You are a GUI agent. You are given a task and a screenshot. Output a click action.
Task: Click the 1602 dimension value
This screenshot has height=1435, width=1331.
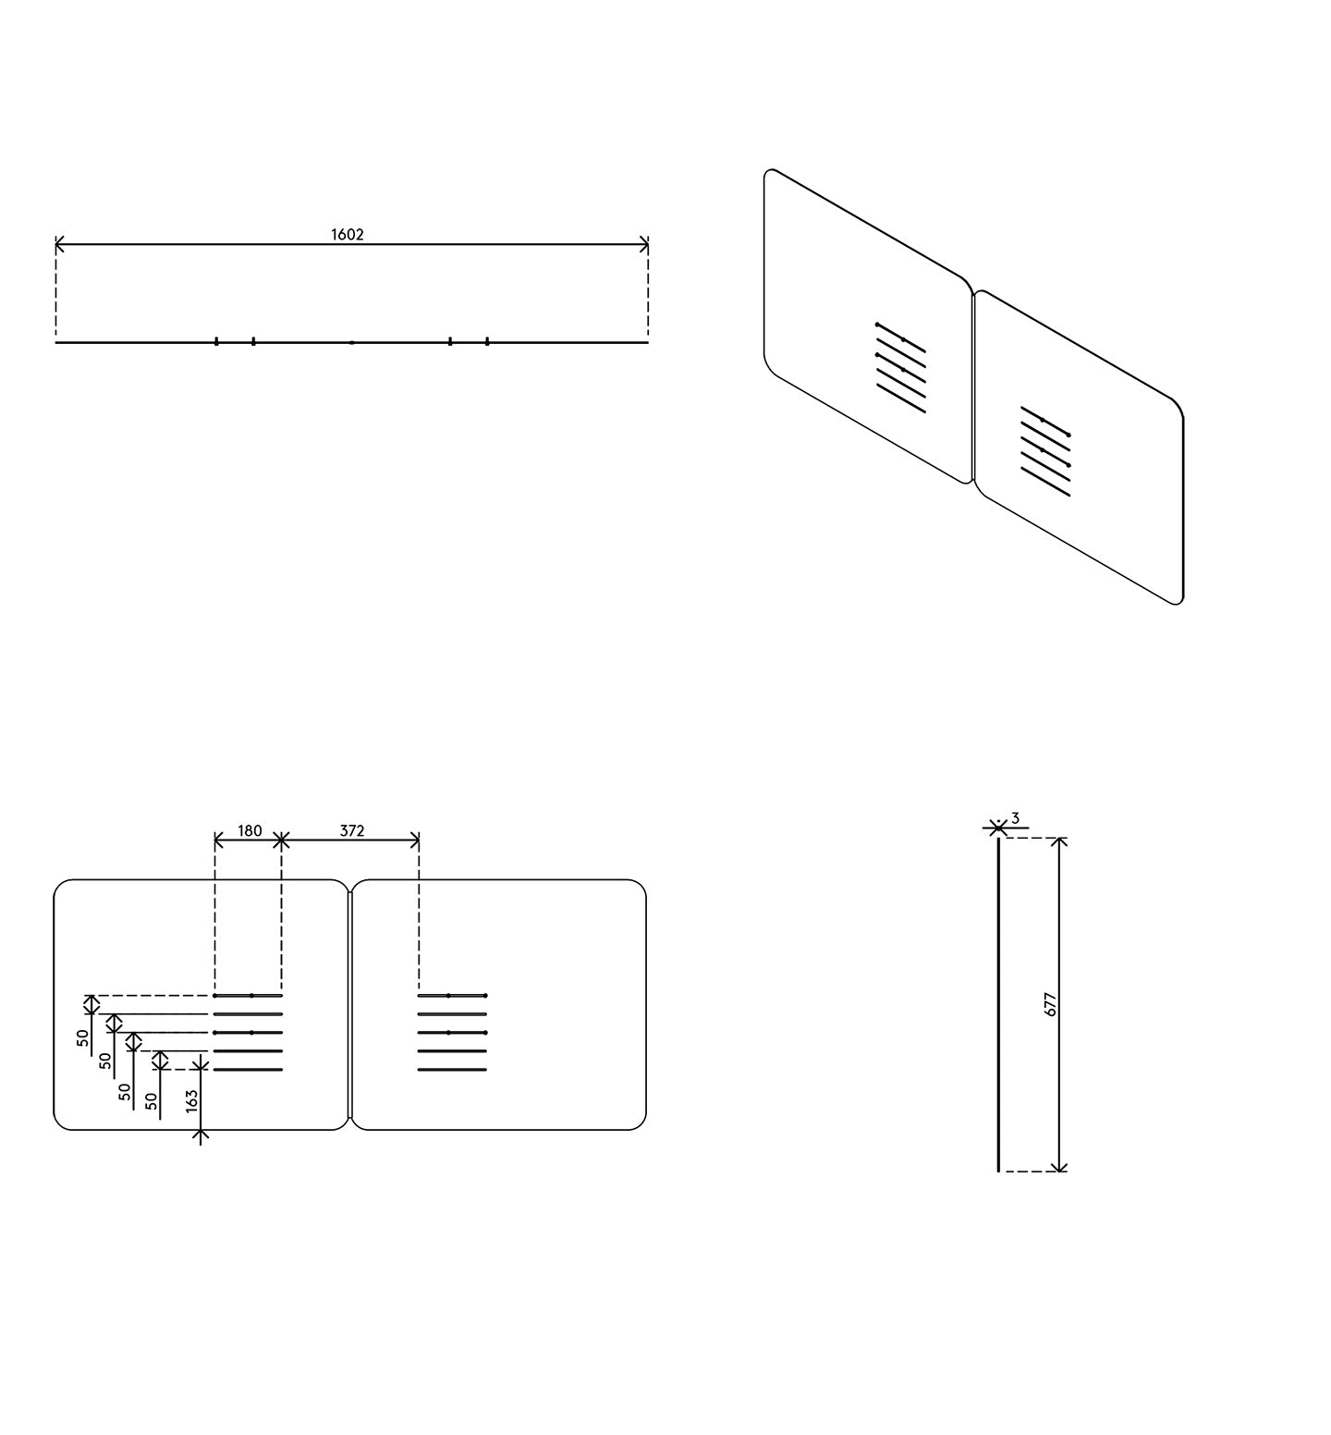click(348, 235)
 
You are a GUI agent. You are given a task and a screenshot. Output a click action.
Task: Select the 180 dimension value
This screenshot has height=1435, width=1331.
click(250, 831)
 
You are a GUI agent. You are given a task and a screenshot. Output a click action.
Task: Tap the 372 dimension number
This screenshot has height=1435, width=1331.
click(352, 831)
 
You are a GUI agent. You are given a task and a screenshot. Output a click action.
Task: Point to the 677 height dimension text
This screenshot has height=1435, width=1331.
click(1050, 1005)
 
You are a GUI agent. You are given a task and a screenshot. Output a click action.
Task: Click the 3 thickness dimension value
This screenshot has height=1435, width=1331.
click(1015, 818)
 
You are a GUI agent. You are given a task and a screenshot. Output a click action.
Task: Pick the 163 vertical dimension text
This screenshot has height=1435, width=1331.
click(191, 1100)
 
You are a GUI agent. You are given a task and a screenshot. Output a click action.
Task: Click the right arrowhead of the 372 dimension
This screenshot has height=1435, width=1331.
click(416, 840)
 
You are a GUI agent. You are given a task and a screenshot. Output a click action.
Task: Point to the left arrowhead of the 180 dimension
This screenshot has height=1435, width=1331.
click(218, 840)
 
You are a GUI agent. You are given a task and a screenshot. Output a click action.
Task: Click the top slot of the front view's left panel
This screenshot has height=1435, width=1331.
click(248, 996)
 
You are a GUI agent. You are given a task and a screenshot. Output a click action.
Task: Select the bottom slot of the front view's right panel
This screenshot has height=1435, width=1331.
click(452, 1070)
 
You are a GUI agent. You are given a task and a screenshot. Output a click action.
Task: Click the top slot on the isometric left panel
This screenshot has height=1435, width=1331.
click(900, 338)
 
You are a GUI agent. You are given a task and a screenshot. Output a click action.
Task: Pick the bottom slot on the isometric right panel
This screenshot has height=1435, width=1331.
click(1045, 482)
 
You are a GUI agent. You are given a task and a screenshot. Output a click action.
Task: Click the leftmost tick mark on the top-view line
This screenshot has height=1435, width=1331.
click(216, 341)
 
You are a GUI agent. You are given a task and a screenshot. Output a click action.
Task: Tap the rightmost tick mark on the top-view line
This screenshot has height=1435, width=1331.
click(487, 341)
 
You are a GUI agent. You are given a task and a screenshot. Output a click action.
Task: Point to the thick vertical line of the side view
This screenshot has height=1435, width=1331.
click(998, 1004)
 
